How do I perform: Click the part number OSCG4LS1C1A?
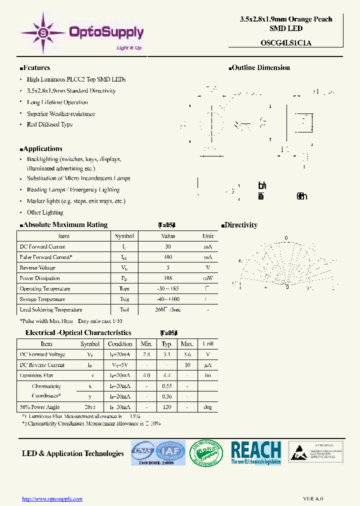(x=285, y=43)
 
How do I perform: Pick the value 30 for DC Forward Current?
(x=167, y=246)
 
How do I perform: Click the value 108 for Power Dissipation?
(x=167, y=278)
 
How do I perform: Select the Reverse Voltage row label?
(x=37, y=267)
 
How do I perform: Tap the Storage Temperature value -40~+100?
(x=167, y=299)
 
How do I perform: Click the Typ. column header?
(x=167, y=344)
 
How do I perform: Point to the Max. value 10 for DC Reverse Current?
(x=187, y=365)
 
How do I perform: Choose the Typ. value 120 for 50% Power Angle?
(x=167, y=407)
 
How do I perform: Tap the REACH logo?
(x=256, y=453)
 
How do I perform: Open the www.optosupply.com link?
(x=52, y=498)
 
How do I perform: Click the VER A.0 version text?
(x=313, y=498)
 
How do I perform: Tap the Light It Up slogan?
(x=129, y=48)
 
